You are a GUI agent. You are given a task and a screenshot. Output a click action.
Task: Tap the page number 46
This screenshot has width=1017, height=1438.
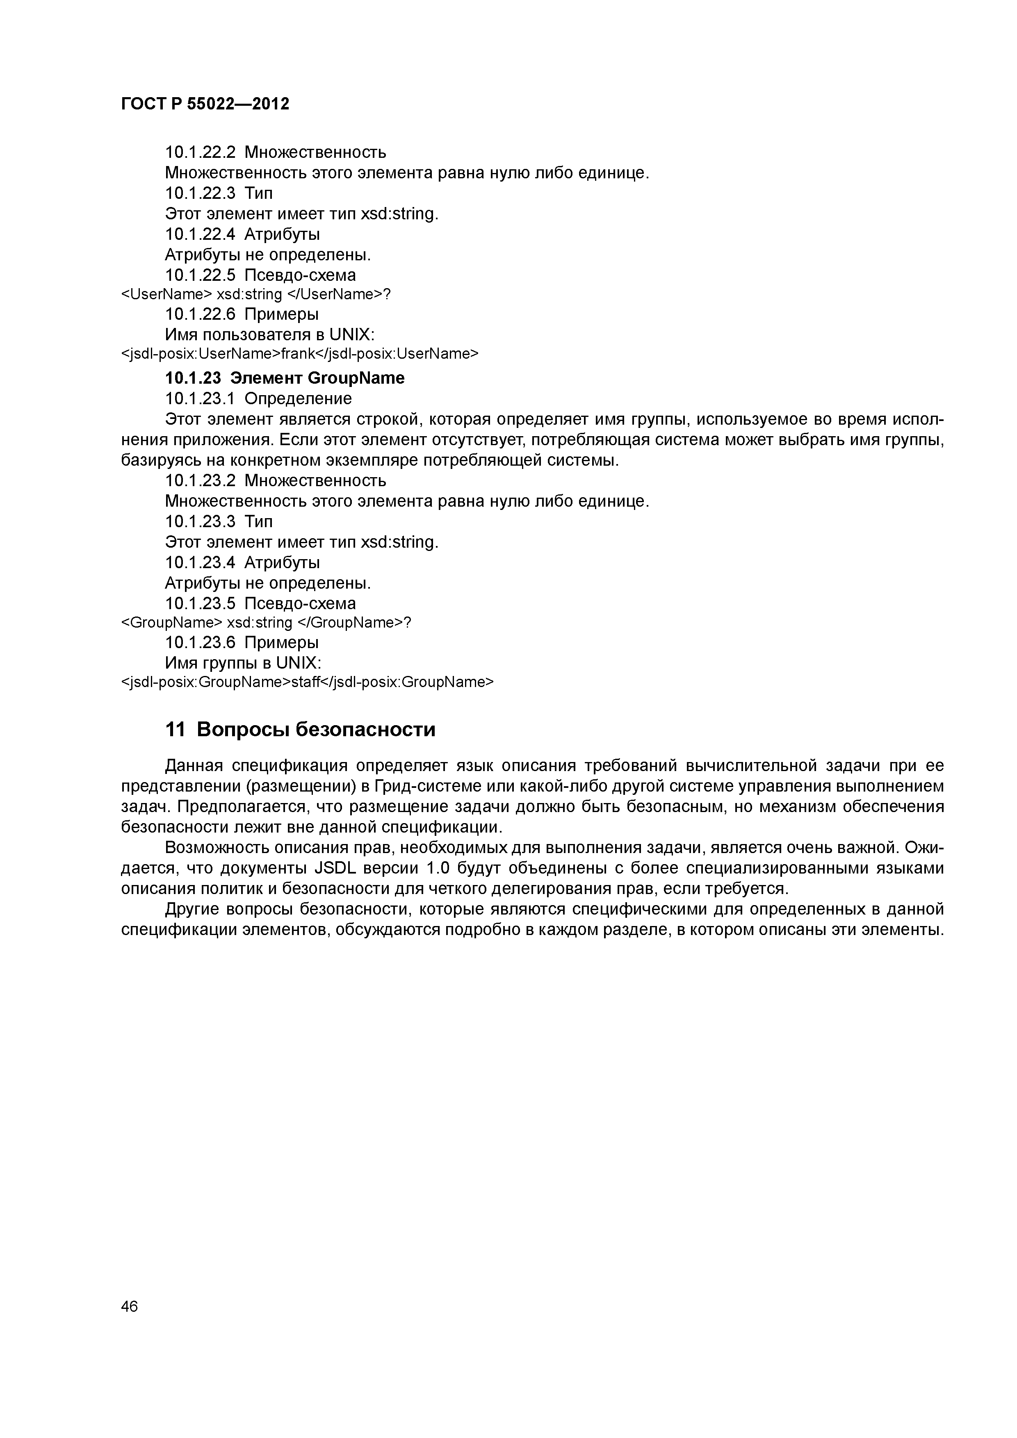coord(130,1306)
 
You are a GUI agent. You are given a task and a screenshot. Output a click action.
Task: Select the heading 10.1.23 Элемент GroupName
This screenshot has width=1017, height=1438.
coord(285,378)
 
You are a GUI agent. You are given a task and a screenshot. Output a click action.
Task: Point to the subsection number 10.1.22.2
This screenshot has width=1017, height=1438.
coord(201,152)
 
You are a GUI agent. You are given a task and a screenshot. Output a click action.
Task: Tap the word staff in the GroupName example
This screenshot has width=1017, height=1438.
coord(306,682)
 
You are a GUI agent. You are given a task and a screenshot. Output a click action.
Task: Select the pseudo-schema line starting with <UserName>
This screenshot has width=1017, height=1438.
coord(255,294)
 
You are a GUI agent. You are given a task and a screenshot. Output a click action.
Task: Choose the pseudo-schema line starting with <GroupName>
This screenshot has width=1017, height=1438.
coord(265,623)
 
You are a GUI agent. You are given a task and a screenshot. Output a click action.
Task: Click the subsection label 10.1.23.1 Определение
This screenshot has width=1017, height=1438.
coord(258,398)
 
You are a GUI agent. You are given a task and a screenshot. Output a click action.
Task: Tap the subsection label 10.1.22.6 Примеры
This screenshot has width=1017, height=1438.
coord(241,314)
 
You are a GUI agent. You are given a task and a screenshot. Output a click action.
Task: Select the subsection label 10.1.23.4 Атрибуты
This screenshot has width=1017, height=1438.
coord(242,562)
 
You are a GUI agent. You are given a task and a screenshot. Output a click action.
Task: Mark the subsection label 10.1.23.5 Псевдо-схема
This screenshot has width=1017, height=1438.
coord(260,604)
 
